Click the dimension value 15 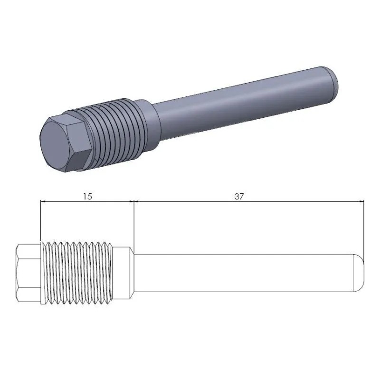87,196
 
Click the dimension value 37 239,196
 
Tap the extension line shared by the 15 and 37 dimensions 133,223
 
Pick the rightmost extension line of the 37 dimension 364,228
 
